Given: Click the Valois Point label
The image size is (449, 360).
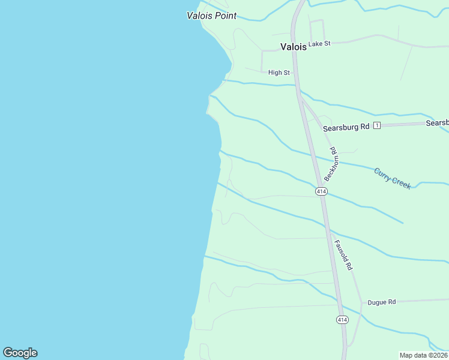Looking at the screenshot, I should click(x=211, y=16).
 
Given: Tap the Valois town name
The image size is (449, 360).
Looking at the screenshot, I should click(x=294, y=46).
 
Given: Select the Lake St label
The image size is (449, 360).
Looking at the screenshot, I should click(x=319, y=44).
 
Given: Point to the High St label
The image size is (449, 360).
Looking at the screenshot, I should click(x=279, y=73).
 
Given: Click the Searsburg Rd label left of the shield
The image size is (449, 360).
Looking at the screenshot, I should click(x=346, y=127).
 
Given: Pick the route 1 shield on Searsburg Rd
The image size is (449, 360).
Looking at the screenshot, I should click(x=377, y=125).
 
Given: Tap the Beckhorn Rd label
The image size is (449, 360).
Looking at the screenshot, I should click(x=332, y=164).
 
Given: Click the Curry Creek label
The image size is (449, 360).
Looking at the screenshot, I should click(x=393, y=178).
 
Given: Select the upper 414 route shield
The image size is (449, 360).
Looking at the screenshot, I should click(x=321, y=191).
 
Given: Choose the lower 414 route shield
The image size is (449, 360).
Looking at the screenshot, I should click(x=342, y=320).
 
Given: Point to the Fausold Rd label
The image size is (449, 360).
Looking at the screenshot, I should click(x=342, y=254).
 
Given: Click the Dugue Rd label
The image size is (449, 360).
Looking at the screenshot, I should click(x=382, y=302).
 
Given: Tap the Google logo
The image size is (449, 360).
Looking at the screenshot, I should click(x=20, y=353).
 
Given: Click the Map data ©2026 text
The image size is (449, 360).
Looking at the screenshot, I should click(x=423, y=355).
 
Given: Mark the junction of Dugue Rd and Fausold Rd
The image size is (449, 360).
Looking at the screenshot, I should click(x=361, y=302).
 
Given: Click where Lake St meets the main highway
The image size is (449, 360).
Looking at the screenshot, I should click(x=294, y=44).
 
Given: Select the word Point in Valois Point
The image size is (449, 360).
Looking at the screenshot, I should click(x=226, y=16).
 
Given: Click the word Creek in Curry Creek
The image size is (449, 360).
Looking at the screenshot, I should click(x=402, y=182).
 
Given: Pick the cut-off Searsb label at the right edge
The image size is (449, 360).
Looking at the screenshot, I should click(x=437, y=122).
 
